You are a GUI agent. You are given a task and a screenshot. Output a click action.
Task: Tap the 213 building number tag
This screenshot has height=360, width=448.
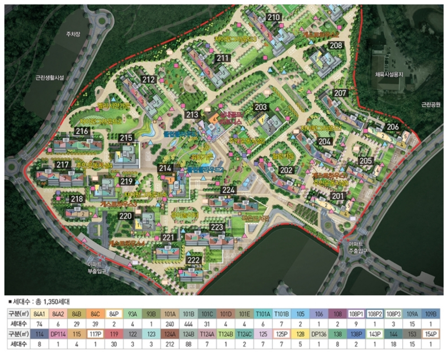tap(192, 115)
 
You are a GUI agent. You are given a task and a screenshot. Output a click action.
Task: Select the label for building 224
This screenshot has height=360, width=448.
tap(228, 190)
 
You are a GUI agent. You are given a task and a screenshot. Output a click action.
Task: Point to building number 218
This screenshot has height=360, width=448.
tap(77, 199)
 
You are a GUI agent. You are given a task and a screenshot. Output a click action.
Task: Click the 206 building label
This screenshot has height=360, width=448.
tap(392, 127)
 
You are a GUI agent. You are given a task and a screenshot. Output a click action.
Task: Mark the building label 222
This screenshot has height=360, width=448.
tap(194, 260)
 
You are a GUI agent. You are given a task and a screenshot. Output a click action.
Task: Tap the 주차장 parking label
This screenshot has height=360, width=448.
tap(72, 34)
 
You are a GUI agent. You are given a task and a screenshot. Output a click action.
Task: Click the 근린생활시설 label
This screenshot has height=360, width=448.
tap(50, 77)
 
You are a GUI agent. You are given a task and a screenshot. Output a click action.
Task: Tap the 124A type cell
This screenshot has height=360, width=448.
tap(170, 334)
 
